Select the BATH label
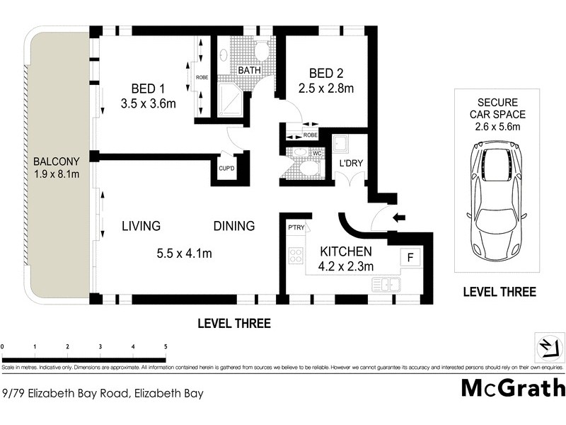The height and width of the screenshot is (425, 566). [x=248, y=71]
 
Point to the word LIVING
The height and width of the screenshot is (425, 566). [x=141, y=227]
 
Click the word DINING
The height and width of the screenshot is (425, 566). [x=234, y=227]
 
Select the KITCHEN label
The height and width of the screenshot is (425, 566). [x=346, y=251]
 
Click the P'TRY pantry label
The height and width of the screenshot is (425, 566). [x=295, y=227]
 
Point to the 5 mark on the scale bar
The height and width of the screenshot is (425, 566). [x=166, y=346]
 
